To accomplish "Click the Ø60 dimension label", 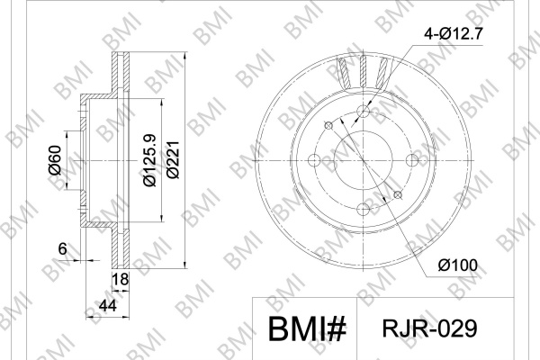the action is click(55, 160).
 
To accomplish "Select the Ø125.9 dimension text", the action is click(150, 160).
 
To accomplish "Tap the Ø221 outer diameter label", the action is click(173, 159).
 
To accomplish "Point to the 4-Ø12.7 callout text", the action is click(454, 34).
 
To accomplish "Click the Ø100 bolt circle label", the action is click(458, 265).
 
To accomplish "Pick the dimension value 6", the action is click(62, 248).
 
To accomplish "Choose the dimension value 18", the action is click(121, 279).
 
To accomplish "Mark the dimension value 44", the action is click(108, 306).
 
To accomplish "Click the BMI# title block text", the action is click(307, 329).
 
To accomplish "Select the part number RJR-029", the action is click(430, 328).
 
